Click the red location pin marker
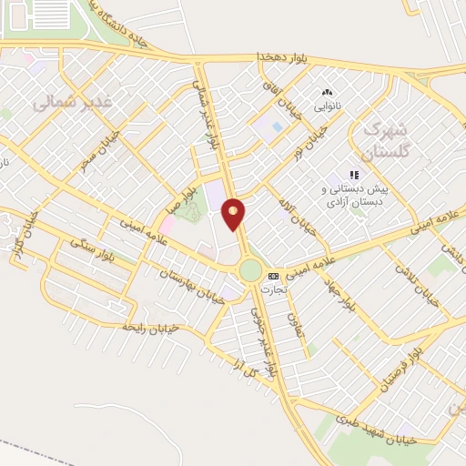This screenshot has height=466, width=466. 234,214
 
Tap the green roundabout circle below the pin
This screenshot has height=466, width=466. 250,270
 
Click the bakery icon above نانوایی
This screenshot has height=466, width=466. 327,92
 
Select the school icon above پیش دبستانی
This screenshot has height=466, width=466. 354,175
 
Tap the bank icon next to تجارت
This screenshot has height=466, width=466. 273,276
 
